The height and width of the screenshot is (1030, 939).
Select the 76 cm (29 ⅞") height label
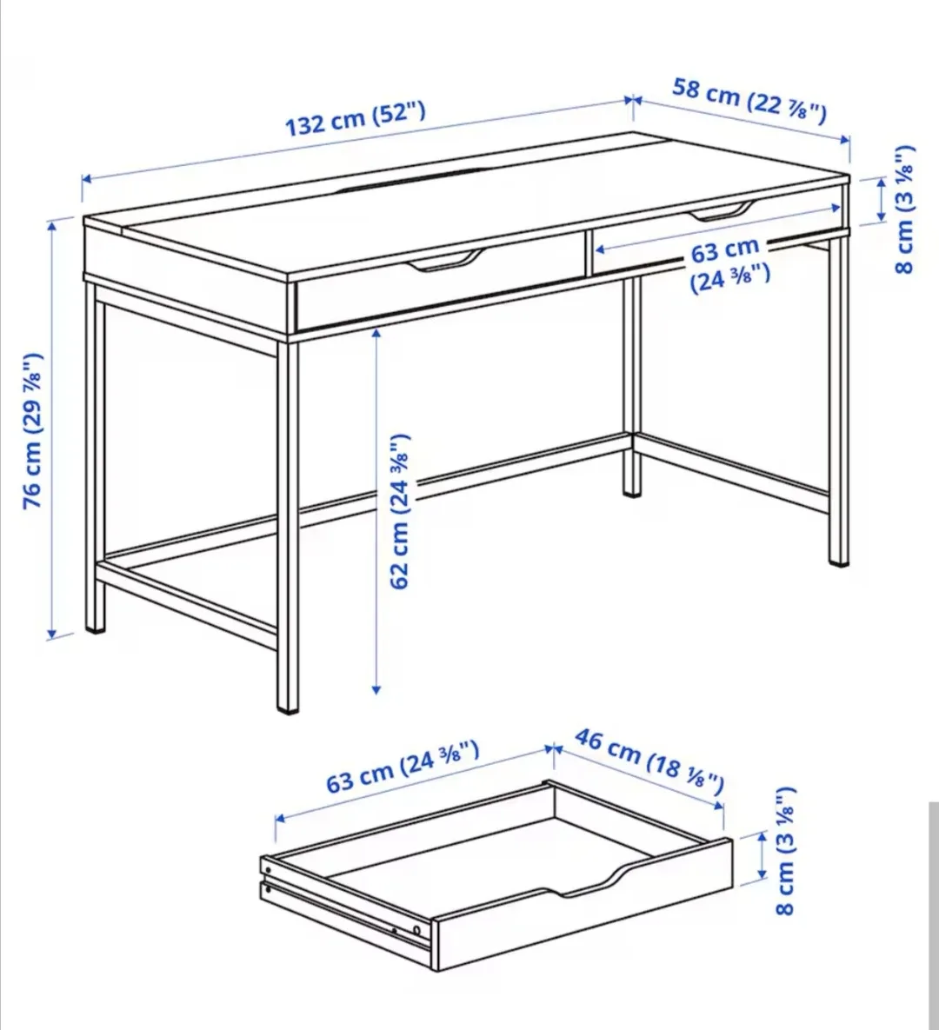32,431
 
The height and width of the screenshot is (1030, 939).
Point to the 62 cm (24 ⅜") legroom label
399,511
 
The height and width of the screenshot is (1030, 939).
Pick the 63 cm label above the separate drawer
403,766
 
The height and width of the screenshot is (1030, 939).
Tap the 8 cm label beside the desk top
904,209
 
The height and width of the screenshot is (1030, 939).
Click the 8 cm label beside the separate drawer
784,852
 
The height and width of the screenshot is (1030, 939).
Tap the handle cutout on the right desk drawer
722,211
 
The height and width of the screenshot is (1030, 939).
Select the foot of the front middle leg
288,706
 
